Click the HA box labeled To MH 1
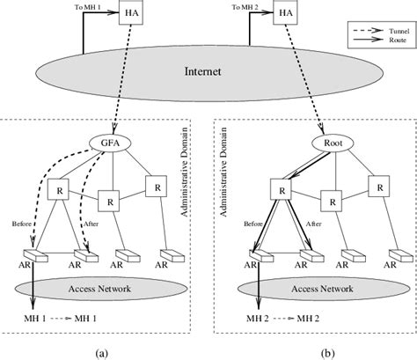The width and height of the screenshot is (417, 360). [x=129, y=16]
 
